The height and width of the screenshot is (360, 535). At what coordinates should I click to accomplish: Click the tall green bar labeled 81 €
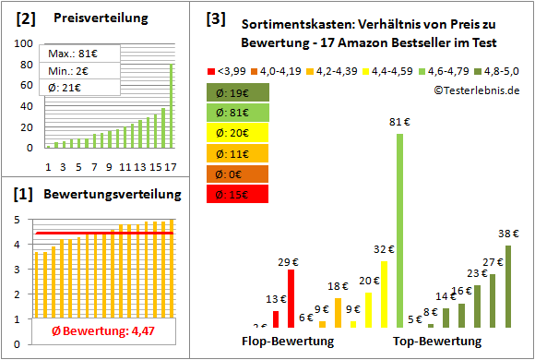[x=399, y=231]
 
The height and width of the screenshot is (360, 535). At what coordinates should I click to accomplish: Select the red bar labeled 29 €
[x=291, y=298]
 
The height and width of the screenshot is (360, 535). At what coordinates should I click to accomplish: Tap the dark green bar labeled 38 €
[x=507, y=286]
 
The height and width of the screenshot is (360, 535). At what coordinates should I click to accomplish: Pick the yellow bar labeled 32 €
[x=384, y=294]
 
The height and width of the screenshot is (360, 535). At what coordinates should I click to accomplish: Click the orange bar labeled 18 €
[x=338, y=312]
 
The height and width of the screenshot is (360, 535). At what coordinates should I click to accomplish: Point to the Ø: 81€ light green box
[x=238, y=113]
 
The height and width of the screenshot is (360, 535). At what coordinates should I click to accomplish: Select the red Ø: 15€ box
[x=238, y=194]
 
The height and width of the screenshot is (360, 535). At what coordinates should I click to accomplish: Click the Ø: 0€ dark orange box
[x=238, y=174]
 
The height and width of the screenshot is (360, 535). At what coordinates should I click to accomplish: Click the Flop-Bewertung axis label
[x=288, y=342]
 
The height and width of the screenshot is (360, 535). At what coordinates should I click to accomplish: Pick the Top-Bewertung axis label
[x=437, y=342]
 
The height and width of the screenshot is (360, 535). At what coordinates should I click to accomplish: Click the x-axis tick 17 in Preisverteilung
[x=171, y=167]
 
